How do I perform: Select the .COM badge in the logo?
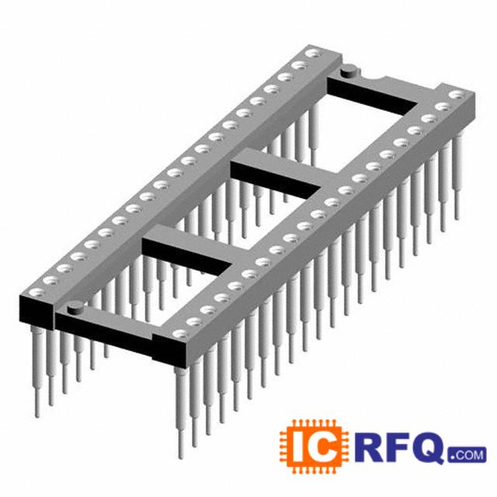pyautogui.click(x=467, y=455)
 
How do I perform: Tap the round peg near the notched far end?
pyautogui.click(x=349, y=71)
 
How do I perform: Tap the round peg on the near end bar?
pyautogui.click(x=76, y=308)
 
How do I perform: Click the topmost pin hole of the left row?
pyautogui.click(x=314, y=54)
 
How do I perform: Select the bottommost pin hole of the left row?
pyautogui.click(x=36, y=292)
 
